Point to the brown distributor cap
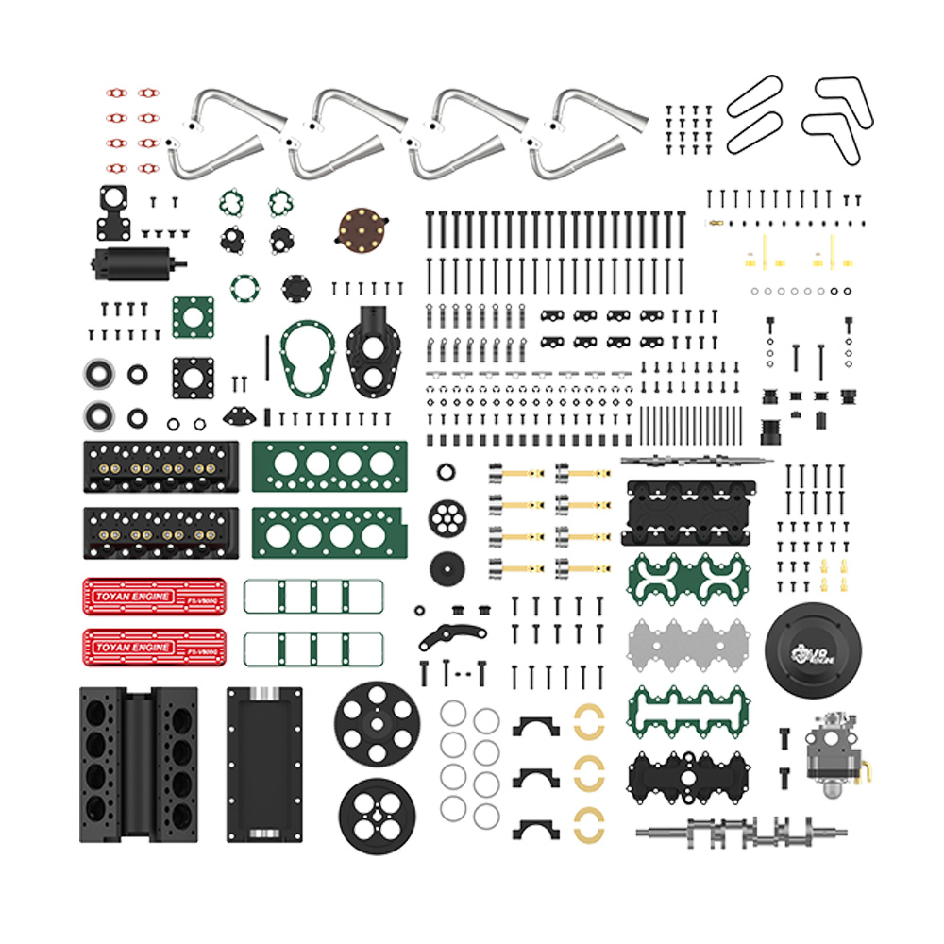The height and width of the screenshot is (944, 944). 362,228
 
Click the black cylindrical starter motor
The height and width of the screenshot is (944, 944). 132,262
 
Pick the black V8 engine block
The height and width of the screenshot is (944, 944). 138,764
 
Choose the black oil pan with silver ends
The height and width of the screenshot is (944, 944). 264,764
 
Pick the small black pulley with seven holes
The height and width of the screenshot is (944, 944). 447,516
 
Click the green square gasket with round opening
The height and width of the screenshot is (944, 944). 193,317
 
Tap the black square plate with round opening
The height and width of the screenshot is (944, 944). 193,377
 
